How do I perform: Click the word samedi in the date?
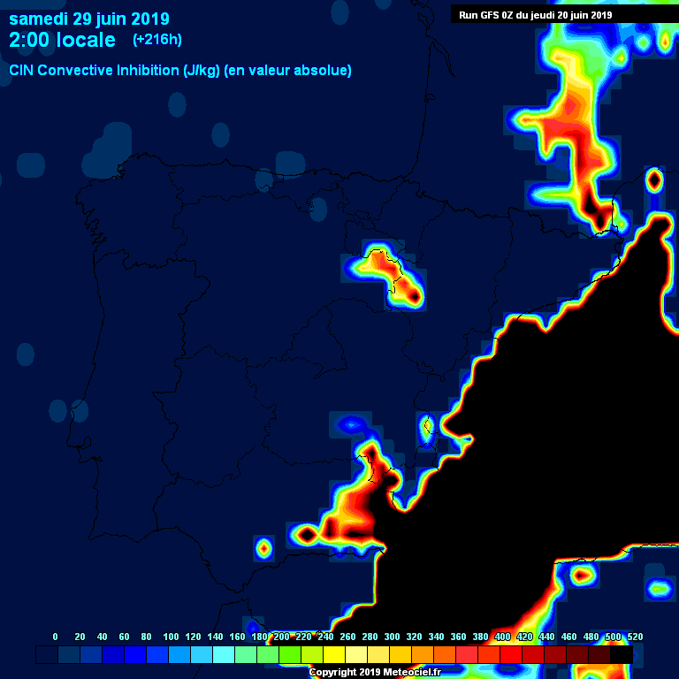38,19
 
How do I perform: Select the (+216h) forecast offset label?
157,40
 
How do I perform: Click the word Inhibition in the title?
147,70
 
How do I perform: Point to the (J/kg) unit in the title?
202,70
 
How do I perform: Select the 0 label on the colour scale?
56,637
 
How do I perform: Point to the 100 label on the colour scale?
171,637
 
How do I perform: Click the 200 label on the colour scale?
281,637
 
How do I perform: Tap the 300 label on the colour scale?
392,637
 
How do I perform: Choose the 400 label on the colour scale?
502,637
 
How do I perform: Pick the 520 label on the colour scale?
635,637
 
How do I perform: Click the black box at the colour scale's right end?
622,654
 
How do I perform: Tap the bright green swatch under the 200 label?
290,654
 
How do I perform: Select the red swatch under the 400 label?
511,654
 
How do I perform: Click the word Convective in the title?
77,70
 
